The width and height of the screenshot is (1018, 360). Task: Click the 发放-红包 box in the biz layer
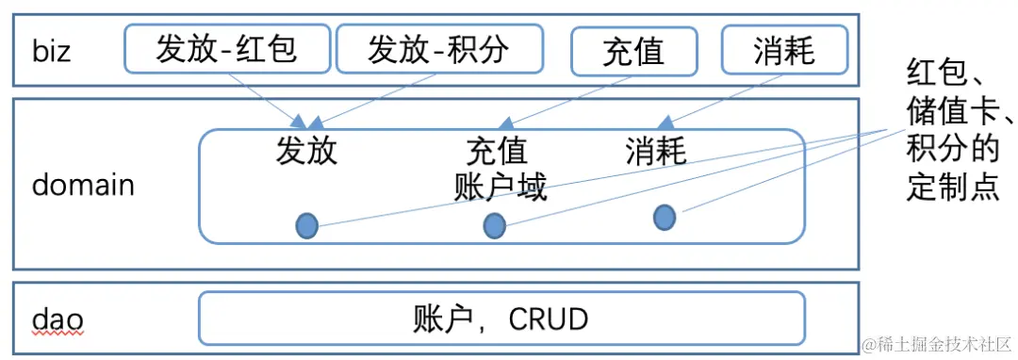[x=227, y=48]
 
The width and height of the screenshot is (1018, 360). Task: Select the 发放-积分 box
[x=439, y=48]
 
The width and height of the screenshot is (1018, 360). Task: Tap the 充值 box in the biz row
[x=633, y=50]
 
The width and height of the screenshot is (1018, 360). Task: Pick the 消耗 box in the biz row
[x=784, y=49]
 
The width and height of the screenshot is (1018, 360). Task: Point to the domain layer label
[x=83, y=185]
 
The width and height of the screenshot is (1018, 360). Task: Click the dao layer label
[x=57, y=319]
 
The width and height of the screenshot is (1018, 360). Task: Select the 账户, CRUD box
[x=501, y=319]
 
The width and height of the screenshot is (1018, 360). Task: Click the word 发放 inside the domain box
[x=306, y=151]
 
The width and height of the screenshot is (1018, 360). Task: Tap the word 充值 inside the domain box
[x=497, y=151]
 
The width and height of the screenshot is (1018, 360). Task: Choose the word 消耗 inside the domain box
[x=656, y=151]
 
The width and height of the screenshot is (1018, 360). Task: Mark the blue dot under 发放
[x=307, y=225]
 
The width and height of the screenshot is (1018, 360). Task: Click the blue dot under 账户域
[x=494, y=225]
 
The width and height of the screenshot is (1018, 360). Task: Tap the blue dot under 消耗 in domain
[x=665, y=218]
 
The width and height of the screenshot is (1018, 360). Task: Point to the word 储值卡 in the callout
[x=952, y=110]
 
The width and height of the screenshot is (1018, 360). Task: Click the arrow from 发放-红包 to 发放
[x=269, y=100]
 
